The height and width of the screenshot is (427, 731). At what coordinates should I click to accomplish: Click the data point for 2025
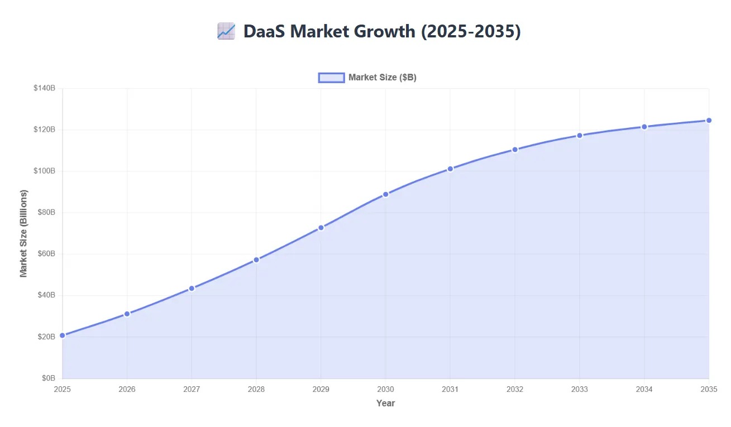[x=63, y=335]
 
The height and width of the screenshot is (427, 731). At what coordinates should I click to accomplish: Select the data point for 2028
[x=256, y=260]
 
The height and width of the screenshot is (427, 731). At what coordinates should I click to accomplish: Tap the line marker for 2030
[x=385, y=194]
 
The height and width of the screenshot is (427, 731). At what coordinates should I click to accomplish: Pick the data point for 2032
[x=515, y=150]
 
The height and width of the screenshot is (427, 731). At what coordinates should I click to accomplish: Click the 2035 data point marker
[x=709, y=121]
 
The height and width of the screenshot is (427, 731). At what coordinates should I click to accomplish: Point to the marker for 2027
[x=192, y=289]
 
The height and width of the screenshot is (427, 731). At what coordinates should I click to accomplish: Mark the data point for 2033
[x=580, y=136]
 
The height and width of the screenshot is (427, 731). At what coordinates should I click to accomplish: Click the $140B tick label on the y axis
[x=45, y=88]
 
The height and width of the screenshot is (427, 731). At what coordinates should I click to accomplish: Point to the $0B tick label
[x=48, y=378]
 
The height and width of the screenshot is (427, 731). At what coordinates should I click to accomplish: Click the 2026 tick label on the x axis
[x=127, y=389]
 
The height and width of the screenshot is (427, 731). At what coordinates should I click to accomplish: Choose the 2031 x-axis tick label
[x=450, y=389]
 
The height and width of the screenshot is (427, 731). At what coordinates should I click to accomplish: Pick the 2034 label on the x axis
[x=644, y=389]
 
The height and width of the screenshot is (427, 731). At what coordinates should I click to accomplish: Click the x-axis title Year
[x=385, y=403]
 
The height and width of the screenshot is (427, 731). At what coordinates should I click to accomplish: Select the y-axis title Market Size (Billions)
[x=23, y=233]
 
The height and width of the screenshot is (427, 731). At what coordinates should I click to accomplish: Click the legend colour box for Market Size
[x=331, y=78]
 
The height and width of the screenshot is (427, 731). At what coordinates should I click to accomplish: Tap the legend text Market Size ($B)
[x=382, y=78]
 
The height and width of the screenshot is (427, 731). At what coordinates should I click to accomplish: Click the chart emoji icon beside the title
[x=226, y=31]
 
